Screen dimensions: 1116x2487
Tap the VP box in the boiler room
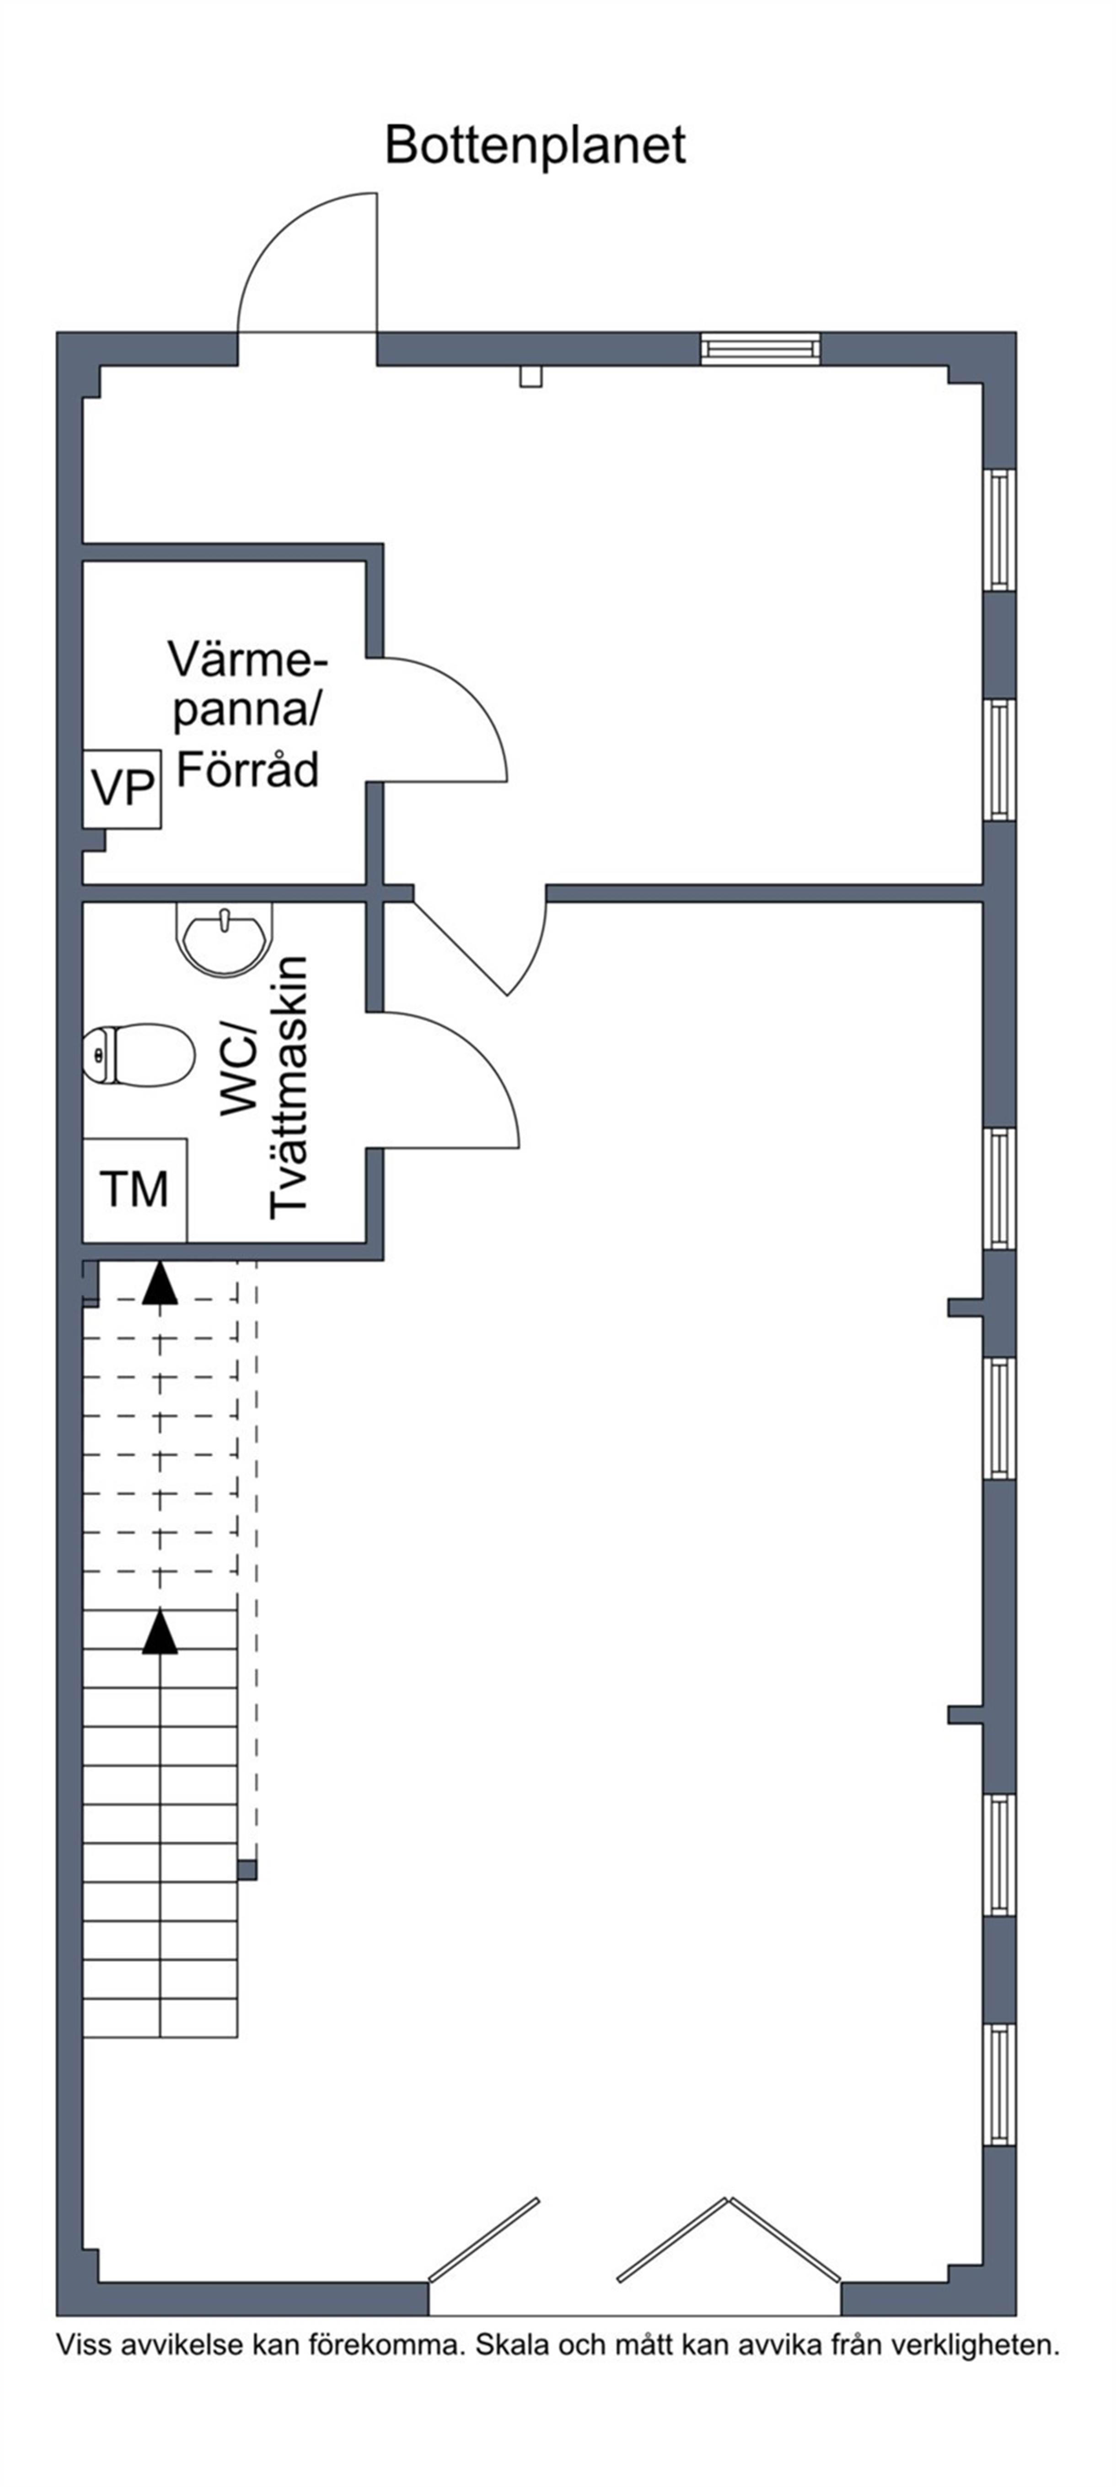pos(122,789)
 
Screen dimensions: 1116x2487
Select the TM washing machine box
pos(134,1189)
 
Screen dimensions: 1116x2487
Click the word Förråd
pos(247,771)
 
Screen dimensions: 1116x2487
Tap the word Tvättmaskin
pos(288,1087)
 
